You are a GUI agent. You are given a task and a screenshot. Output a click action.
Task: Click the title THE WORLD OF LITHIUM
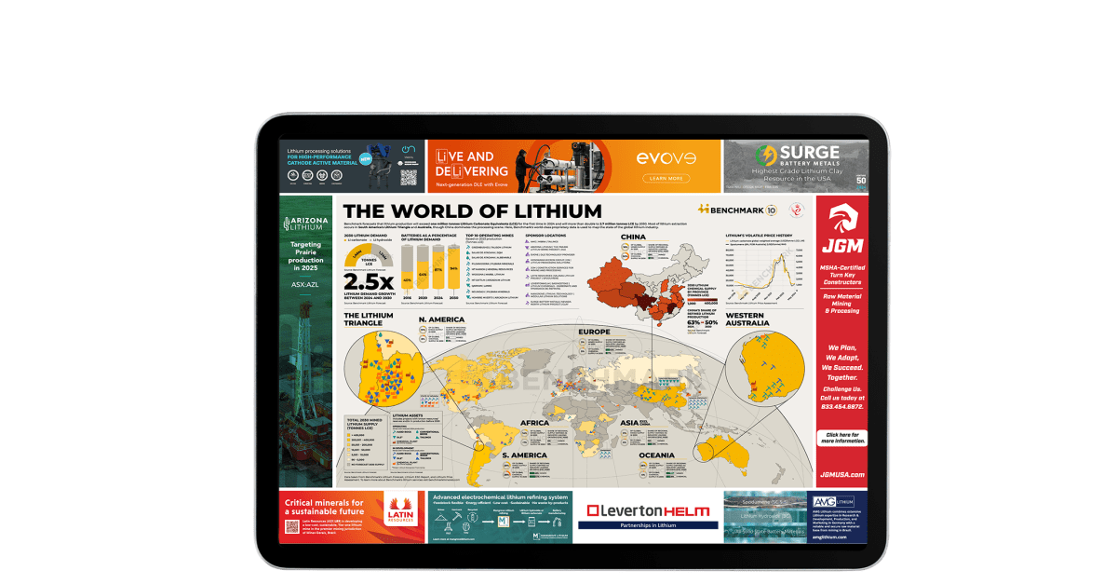point(472,211)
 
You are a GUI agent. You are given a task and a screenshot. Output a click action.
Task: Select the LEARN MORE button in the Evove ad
point(665,178)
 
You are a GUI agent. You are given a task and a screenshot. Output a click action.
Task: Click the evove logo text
point(664,157)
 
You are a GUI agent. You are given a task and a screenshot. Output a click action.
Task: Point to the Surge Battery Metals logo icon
point(766,155)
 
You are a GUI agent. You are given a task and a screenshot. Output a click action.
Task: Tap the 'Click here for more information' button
point(841,438)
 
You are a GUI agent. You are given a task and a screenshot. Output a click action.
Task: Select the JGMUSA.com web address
point(841,475)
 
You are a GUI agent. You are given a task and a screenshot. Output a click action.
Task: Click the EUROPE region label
point(594,331)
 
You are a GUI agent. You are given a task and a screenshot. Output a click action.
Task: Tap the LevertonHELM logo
point(648,510)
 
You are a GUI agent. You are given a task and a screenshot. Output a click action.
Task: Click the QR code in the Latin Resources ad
point(291,526)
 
